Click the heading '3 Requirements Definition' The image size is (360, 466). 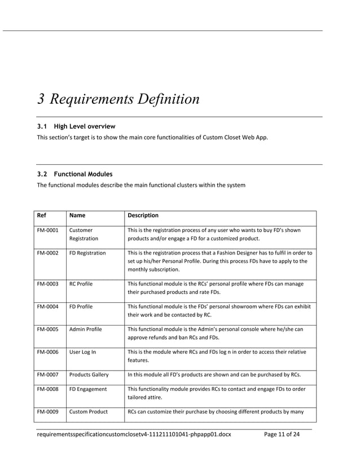coord(118,99)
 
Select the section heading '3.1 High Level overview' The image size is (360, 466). coord(76,126)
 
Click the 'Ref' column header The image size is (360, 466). coord(42,216)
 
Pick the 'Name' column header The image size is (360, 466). coord(77,216)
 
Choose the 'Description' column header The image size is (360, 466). coord(143,216)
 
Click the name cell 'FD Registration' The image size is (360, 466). coord(87,253)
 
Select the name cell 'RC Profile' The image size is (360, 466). coord(81,284)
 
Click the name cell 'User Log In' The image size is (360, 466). coord(82,352)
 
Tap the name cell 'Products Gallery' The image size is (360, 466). coord(89,375)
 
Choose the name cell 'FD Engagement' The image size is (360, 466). coord(87,389)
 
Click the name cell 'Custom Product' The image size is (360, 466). coord(88,411)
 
